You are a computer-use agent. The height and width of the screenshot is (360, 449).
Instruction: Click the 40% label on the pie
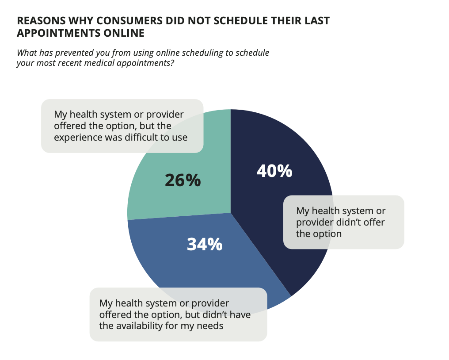[x=274, y=171]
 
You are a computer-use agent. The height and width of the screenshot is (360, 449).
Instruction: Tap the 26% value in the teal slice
[x=183, y=180]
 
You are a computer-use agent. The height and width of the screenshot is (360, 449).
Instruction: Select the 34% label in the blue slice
[x=204, y=244]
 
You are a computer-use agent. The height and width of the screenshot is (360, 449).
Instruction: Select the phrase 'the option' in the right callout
[x=319, y=234]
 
